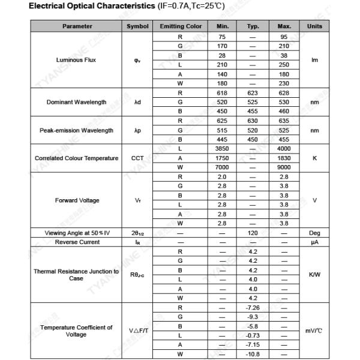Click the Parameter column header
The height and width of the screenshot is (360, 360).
[x=77, y=26]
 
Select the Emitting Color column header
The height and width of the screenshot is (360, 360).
[x=181, y=26]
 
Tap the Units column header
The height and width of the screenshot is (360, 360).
[x=314, y=26]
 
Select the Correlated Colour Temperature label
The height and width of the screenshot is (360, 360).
[x=76, y=158]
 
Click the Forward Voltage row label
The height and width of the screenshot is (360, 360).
[x=77, y=200]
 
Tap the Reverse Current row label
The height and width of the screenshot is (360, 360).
[x=77, y=242]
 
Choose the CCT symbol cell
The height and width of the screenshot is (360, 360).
[x=137, y=158]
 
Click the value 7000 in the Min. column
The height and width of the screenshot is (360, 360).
[x=221, y=167]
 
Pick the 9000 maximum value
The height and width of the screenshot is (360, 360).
[x=284, y=167]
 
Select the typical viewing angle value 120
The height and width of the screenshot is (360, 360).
[x=253, y=233]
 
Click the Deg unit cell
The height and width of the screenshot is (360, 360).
[x=314, y=233]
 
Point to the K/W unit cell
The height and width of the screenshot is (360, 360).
[x=314, y=274]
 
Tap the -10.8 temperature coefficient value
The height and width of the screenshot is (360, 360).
[x=253, y=355]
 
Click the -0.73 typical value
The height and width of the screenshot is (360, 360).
[x=253, y=335]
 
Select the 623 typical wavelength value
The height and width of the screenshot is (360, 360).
[x=253, y=93]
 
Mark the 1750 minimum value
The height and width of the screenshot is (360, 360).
[x=221, y=158]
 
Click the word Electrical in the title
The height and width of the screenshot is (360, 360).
[x=53, y=6]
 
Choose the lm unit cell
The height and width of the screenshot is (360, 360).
[x=314, y=60]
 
